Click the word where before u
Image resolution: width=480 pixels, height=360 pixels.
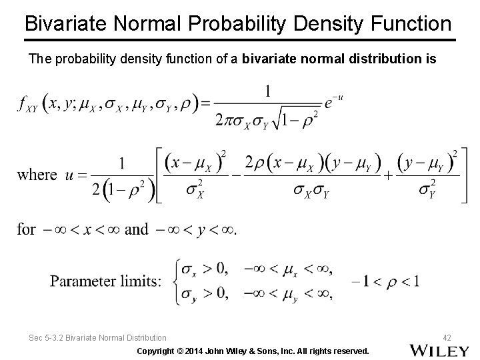tap(37, 175)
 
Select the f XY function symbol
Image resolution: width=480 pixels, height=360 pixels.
tap(27, 105)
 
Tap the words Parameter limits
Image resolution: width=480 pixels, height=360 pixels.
tap(105, 280)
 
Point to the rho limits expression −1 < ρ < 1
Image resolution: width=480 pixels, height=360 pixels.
tap(383, 280)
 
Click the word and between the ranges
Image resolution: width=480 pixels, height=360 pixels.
tap(136, 229)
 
